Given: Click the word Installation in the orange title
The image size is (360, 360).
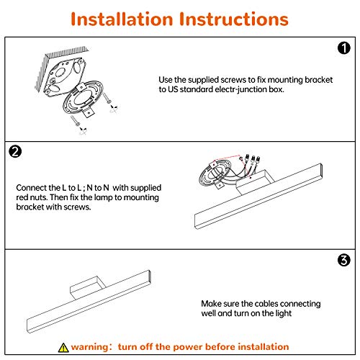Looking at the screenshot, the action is pyautogui.click(x=122, y=19).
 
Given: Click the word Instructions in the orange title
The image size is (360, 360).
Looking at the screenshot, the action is pyautogui.click(x=234, y=19).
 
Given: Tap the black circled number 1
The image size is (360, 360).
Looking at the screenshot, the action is pyautogui.click(x=344, y=48).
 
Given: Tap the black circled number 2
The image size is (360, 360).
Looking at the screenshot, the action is pyautogui.click(x=15, y=152).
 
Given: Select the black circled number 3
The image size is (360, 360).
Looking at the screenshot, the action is pyautogui.click(x=343, y=260).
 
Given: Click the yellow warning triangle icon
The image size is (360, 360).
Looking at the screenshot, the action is pyautogui.click(x=63, y=348).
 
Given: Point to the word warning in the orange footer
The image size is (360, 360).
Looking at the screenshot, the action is pyautogui.click(x=90, y=347).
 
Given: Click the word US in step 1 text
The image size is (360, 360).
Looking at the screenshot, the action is pyautogui.click(x=173, y=89).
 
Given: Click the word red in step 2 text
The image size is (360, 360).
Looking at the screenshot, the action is pyautogui.click(x=22, y=197).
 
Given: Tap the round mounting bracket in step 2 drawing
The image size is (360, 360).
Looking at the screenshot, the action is pyautogui.click(x=215, y=174).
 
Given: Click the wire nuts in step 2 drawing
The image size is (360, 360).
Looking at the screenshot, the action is pyautogui.click(x=252, y=159).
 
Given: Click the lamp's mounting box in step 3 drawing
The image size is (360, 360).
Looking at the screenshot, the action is pyautogui.click(x=88, y=287).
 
